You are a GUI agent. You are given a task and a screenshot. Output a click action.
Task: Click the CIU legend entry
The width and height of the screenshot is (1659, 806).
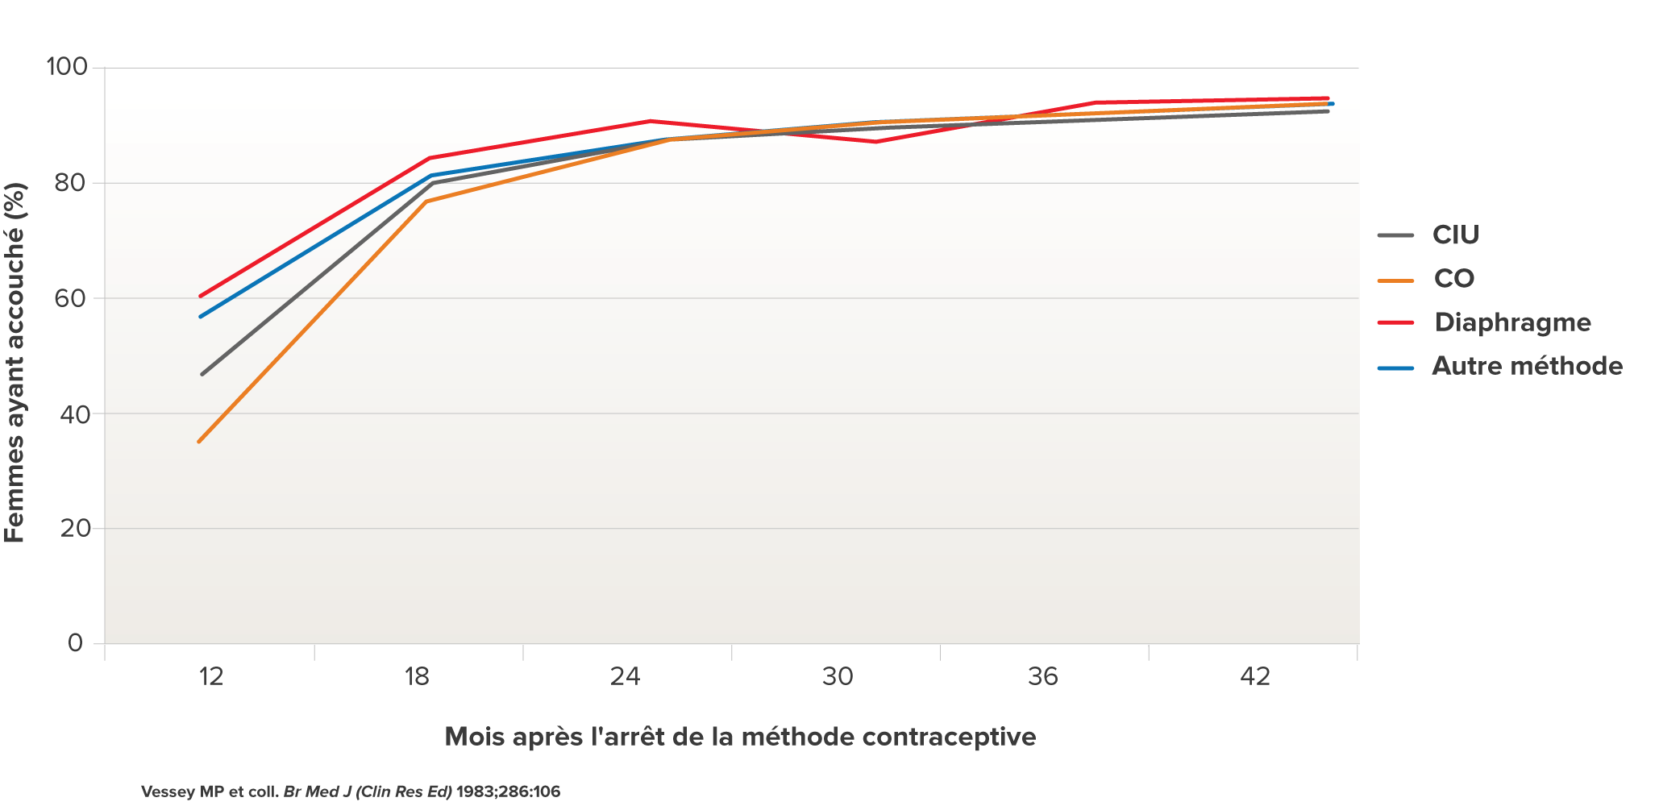point(1455,235)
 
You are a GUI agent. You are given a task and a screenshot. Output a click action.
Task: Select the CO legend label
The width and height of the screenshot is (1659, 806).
point(1453,279)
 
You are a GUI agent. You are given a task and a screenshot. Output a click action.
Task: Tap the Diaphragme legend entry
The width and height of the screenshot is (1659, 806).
point(1512,322)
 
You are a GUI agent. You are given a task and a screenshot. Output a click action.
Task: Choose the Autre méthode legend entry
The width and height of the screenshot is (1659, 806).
point(1527,367)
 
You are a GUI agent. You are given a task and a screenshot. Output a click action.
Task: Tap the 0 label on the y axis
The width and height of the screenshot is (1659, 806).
point(76,643)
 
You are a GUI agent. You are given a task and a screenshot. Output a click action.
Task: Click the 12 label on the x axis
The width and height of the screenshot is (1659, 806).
point(211,676)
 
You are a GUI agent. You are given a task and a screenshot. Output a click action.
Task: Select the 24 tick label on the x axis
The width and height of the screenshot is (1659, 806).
point(625,676)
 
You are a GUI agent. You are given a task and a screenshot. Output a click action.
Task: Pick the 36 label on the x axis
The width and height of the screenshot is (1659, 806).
point(1042,676)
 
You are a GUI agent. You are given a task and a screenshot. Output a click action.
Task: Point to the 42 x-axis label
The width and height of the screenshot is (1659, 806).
point(1254,676)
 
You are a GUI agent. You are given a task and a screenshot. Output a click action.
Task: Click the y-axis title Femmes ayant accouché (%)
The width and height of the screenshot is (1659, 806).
point(16,363)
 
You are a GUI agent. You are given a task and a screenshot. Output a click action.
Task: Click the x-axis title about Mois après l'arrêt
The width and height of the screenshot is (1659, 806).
point(740,737)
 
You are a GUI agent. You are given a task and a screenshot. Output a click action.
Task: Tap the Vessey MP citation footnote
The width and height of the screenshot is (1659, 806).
point(351,791)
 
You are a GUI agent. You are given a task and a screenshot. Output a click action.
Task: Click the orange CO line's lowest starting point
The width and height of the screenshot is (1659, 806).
point(199,441)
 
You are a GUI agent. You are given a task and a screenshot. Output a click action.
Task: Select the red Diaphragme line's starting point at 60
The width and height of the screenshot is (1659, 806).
point(201,296)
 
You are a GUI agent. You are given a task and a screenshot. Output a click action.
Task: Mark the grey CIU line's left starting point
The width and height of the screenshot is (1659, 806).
point(202,374)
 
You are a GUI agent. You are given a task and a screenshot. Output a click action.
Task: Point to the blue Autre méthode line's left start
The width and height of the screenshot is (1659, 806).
point(201,316)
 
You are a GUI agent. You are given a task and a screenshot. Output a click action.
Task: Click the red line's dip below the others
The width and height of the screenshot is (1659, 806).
point(875,142)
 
